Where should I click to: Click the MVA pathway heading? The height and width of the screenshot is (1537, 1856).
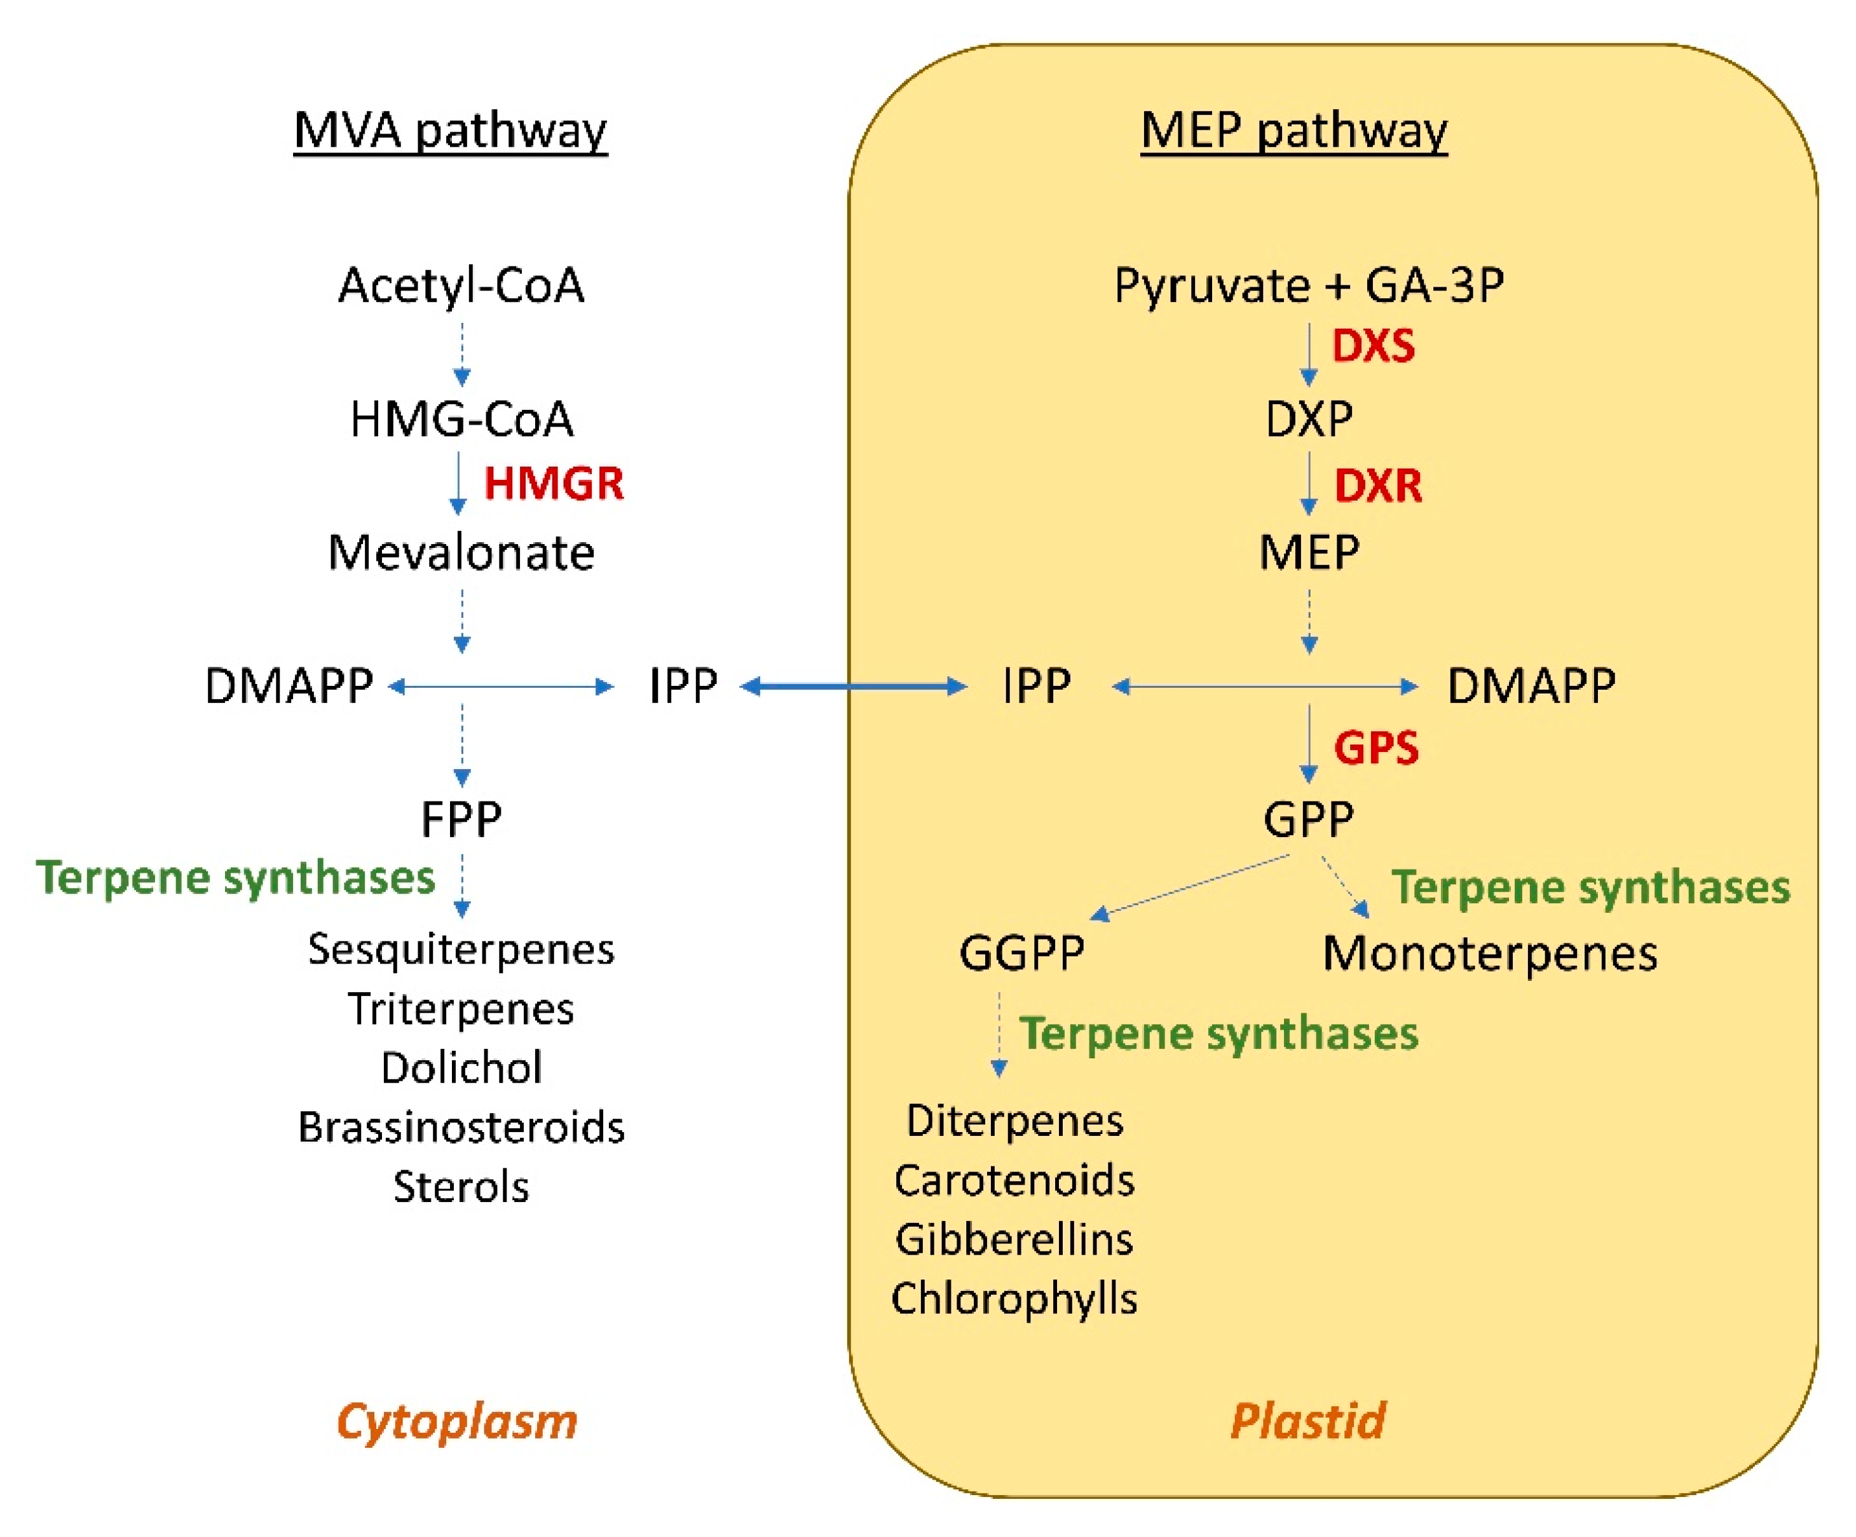click(x=450, y=131)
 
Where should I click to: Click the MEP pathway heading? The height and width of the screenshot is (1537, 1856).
click(x=1294, y=131)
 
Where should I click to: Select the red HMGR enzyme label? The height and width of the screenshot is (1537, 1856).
click(x=553, y=484)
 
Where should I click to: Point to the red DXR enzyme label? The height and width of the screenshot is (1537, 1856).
click(x=1378, y=485)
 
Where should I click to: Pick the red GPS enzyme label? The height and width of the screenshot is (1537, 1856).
click(x=1376, y=748)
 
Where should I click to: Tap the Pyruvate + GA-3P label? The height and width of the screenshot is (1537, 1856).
click(x=1308, y=285)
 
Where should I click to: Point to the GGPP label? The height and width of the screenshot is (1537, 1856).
click(x=1021, y=953)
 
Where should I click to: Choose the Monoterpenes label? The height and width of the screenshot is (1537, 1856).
click(x=1489, y=953)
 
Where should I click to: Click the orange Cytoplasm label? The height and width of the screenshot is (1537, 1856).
click(x=457, y=1422)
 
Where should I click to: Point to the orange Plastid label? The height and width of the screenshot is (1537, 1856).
click(x=1308, y=1422)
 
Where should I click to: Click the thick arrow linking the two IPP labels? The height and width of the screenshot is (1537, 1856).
click(x=854, y=686)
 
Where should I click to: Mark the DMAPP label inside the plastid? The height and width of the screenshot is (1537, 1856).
click(x=1531, y=686)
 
